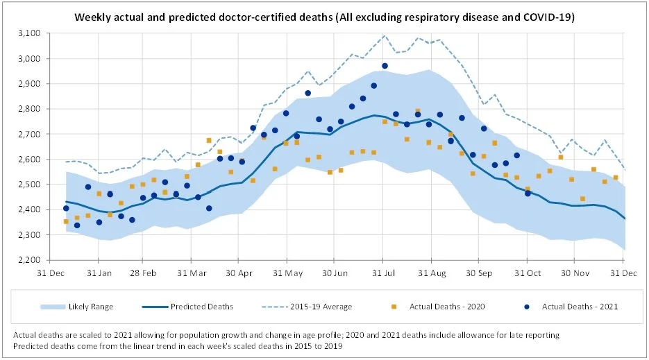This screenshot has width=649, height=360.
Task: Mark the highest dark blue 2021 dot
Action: pyautogui.click(x=385, y=66)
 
